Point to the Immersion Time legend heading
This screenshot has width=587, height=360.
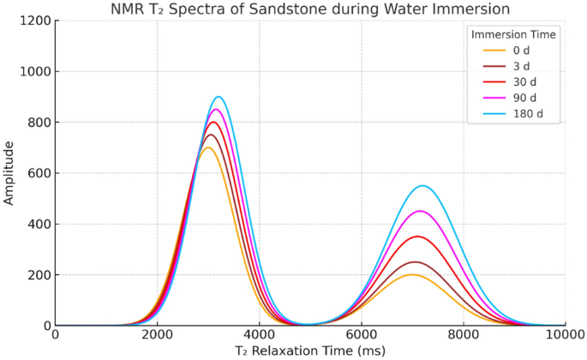point(512,34)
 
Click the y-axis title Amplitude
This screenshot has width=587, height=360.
point(9,173)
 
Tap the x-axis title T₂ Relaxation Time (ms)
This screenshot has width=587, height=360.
point(309,351)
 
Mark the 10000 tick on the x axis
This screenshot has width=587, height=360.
point(565,335)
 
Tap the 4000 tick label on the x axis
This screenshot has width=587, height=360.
point(260,335)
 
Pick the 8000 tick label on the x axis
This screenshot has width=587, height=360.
point(463,335)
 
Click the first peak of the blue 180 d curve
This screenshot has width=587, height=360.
point(219,97)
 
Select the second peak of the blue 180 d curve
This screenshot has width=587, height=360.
point(422,186)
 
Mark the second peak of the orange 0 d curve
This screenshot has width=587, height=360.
point(412,274)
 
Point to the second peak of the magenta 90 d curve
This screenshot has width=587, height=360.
point(420,211)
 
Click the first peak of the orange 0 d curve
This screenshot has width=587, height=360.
point(207,147)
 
